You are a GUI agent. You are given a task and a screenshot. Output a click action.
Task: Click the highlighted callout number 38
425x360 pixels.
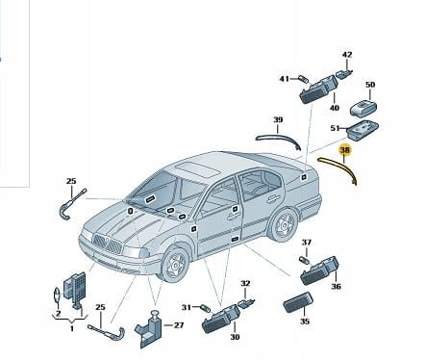point(345,150)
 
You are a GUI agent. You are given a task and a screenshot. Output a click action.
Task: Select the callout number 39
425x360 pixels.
point(278,120)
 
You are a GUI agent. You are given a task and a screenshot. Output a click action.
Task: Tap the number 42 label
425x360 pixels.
point(347,55)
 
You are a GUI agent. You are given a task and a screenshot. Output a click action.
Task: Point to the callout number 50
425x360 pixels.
point(370,85)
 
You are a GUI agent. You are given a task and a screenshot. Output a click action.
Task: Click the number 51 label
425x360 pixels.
point(335,128)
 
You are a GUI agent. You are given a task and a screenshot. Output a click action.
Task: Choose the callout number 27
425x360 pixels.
point(179,325)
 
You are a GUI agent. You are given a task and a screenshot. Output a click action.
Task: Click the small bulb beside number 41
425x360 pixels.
point(303,79)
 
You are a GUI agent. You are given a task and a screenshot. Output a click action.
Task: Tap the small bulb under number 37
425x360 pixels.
point(305,259)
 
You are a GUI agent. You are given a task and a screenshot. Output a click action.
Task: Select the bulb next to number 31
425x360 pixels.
point(206,309)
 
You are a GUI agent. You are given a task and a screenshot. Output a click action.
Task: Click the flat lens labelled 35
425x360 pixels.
point(297,302)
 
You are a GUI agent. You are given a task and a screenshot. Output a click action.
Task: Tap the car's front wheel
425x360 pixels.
point(175,265)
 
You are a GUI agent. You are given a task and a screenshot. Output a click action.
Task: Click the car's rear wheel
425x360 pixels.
point(284,224)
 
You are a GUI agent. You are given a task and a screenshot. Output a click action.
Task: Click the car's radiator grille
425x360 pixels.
point(108,244)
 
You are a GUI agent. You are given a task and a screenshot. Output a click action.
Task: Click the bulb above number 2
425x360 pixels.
point(57,295)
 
